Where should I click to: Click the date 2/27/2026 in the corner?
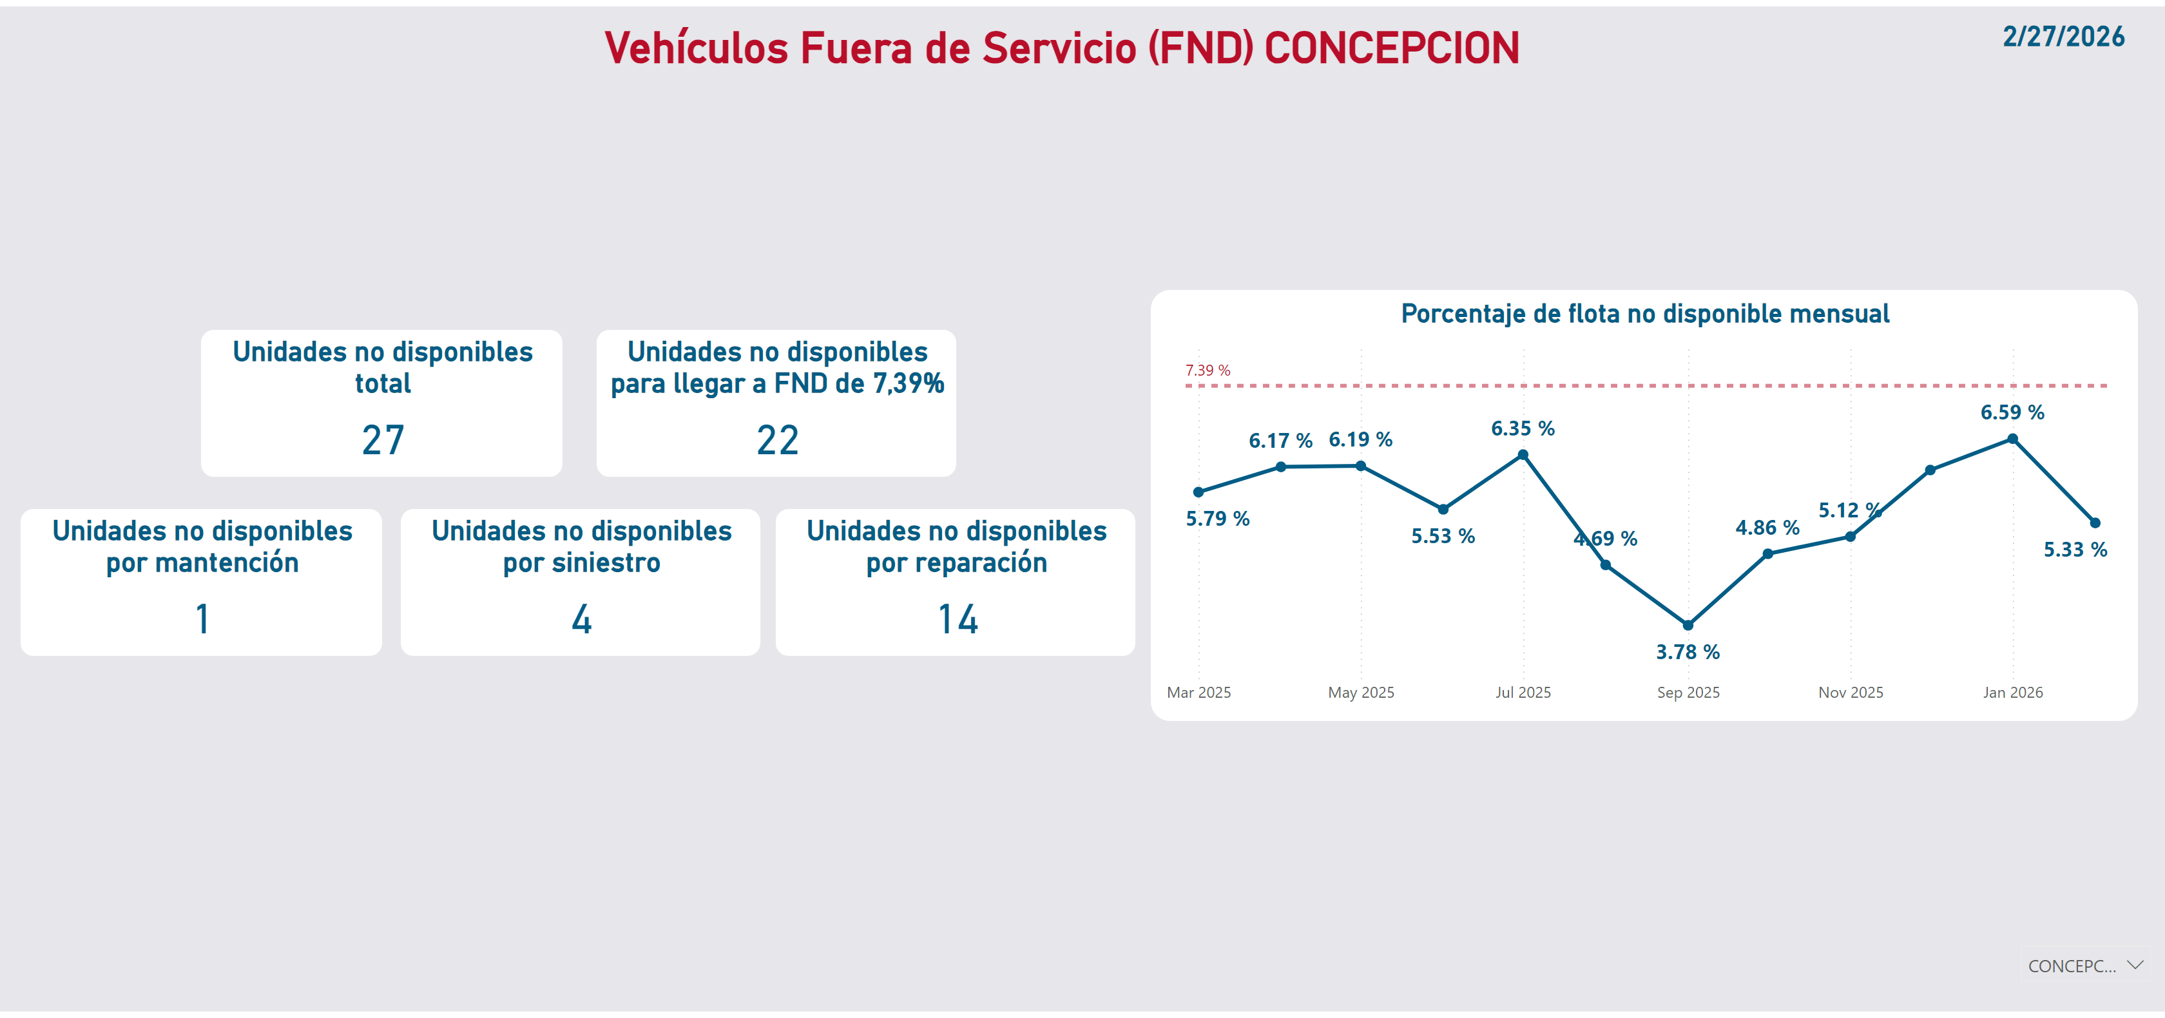click(2063, 37)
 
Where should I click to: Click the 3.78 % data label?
click(1688, 652)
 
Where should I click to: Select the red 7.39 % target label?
click(1207, 370)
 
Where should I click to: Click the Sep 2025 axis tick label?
click(1688, 693)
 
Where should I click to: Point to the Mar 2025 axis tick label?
click(1198, 693)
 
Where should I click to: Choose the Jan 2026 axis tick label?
click(2012, 693)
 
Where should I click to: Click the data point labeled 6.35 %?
click(1523, 456)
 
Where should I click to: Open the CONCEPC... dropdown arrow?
click(2135, 965)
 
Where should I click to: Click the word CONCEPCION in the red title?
click(1392, 48)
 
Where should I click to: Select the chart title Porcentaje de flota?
click(1645, 314)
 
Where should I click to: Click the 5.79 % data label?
click(1217, 519)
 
